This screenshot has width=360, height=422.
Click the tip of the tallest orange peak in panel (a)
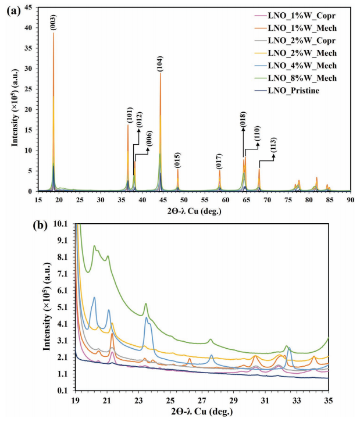click(54, 33)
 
